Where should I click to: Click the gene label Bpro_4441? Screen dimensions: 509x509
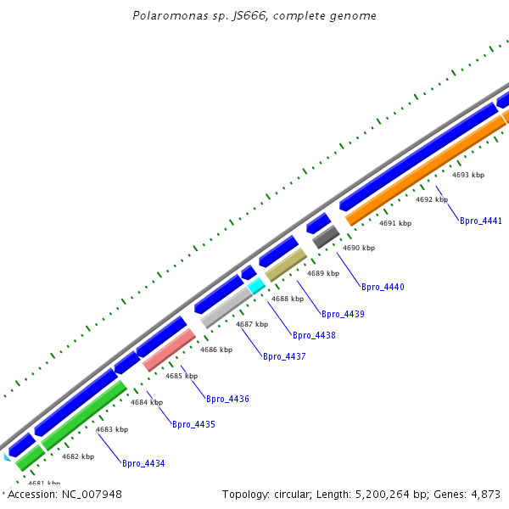pos(480,221)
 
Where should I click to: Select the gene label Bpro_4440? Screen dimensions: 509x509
pos(383,287)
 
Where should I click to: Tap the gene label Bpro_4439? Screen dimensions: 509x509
pos(343,314)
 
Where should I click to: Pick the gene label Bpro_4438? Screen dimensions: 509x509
pos(314,335)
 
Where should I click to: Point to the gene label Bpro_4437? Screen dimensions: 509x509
pos(284,356)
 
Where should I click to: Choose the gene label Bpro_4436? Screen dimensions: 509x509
pos(227,399)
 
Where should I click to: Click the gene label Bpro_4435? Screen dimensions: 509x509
pos(193,424)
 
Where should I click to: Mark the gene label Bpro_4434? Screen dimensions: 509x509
pos(143,463)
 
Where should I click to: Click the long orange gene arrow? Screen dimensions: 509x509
pos(424,170)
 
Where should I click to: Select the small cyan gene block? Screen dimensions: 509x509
pos(256,286)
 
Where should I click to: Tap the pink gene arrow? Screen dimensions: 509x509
pos(170,350)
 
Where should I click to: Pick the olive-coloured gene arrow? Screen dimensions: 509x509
pos(285,265)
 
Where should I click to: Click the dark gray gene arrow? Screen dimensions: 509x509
pos(326,237)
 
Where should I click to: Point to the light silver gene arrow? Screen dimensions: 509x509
pos(227,307)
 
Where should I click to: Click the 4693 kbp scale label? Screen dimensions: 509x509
pos(468,175)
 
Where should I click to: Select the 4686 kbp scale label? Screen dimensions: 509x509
pos(216,350)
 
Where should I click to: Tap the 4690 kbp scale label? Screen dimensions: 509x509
pos(358,248)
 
